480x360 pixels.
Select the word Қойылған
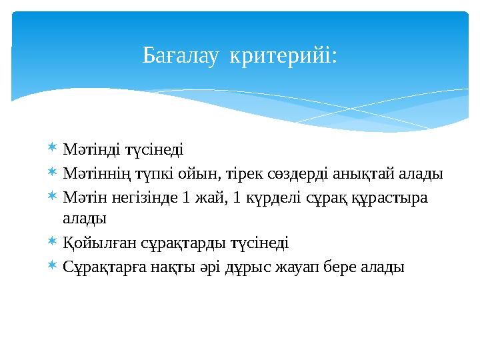point(90,243)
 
